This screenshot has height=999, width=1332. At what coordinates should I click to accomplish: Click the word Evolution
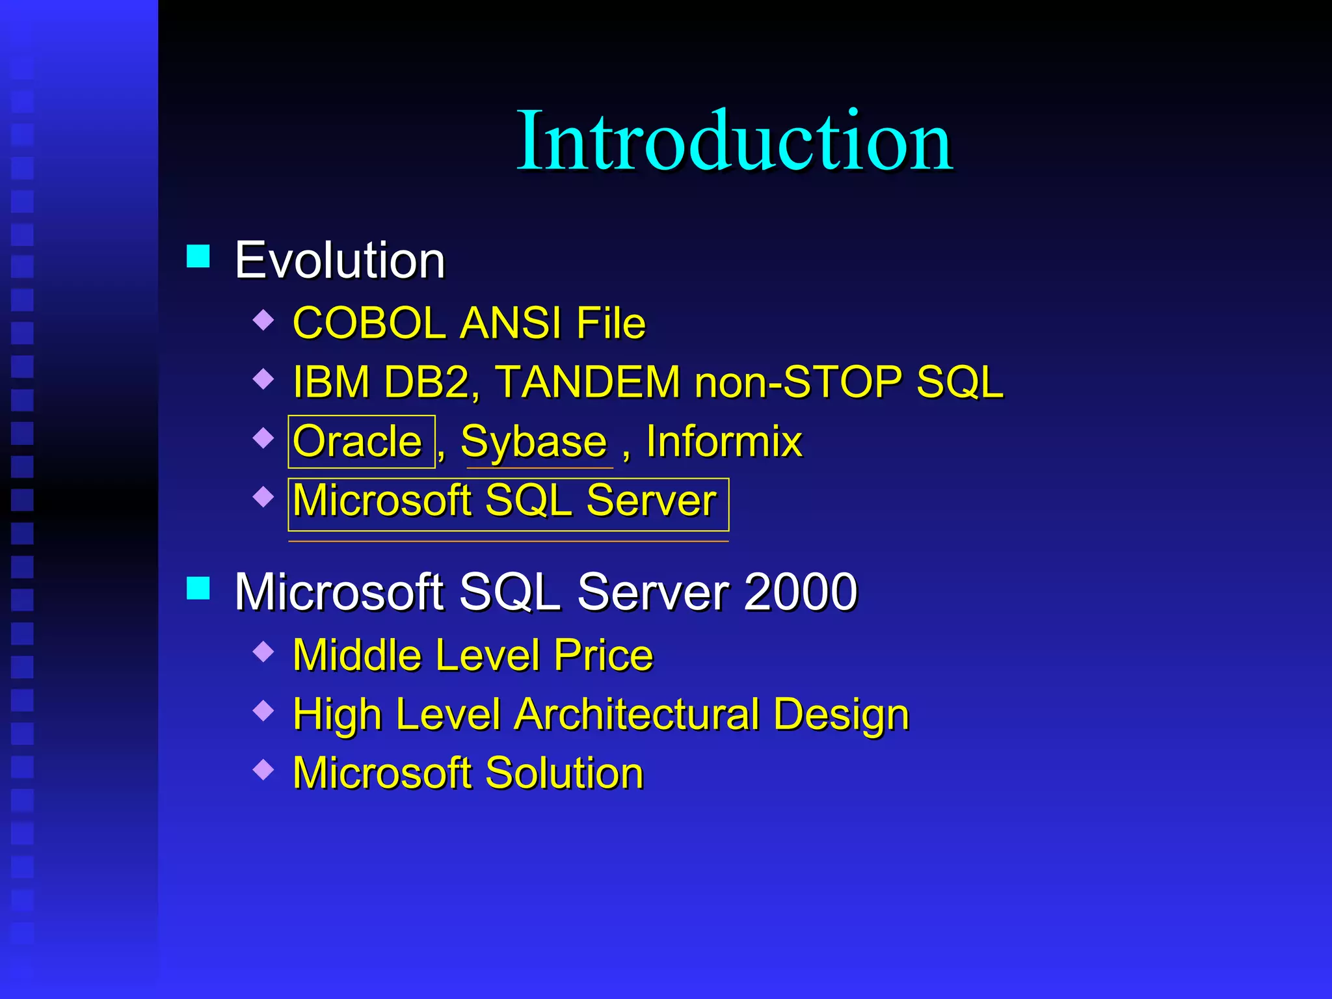340,260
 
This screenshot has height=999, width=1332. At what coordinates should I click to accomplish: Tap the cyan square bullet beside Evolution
198,256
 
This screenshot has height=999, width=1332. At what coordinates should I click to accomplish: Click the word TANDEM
588,382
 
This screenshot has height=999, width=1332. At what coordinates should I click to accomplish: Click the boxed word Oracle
358,442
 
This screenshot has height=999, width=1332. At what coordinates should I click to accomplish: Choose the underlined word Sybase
534,442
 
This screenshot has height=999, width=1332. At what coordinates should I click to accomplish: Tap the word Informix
724,442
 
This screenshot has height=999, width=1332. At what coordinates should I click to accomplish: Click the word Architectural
637,715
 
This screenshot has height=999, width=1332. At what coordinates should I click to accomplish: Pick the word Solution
565,773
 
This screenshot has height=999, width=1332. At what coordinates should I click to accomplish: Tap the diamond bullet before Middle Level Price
263,651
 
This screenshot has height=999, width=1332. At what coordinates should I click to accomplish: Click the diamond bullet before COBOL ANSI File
263,319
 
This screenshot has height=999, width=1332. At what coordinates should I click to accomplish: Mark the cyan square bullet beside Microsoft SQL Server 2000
198,588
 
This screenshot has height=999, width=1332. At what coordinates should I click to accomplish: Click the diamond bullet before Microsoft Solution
263,769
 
